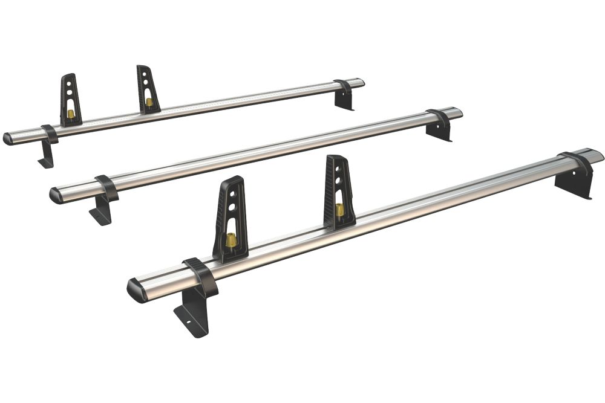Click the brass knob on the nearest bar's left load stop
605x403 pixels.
point(231,240)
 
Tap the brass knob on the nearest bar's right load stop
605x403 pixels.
point(340,209)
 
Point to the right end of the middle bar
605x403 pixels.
point(457,112)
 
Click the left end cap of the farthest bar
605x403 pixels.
point(8,139)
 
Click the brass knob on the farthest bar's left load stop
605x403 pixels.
point(71,114)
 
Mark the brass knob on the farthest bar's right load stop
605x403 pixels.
point(149,102)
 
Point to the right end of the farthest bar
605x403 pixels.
point(359,82)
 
